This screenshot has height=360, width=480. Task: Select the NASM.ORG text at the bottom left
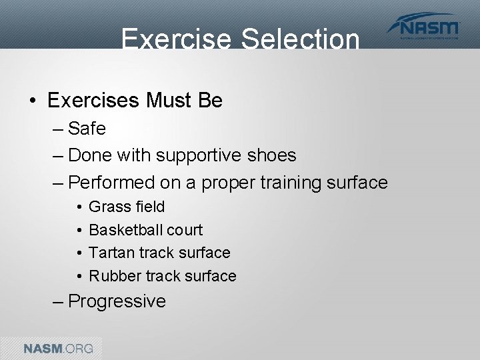(x=59, y=348)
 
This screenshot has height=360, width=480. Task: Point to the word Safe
(x=87, y=128)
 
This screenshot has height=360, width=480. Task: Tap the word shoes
(x=271, y=155)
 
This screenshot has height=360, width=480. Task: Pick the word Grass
(x=107, y=207)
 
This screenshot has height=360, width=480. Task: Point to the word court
(x=185, y=230)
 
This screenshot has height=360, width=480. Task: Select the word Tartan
(x=109, y=253)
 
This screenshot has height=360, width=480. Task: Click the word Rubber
(x=111, y=276)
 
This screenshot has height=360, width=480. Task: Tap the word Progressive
(x=117, y=301)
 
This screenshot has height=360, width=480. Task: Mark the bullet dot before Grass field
(x=78, y=207)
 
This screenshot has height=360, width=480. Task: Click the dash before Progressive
(x=58, y=301)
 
